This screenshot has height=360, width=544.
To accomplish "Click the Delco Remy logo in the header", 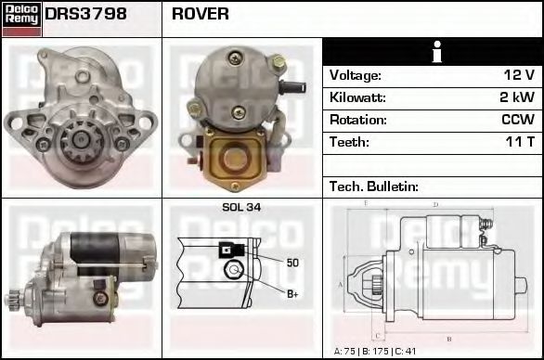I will [x=20, y=17].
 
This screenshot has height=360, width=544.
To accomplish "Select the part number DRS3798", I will [x=85, y=15].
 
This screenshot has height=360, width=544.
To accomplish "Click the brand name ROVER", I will [x=201, y=15].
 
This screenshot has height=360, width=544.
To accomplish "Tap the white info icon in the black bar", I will [x=433, y=52].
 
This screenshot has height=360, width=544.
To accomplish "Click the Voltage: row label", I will [x=356, y=75].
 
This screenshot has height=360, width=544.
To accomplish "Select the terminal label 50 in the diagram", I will [x=292, y=263].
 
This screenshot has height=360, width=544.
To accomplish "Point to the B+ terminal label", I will [x=291, y=294].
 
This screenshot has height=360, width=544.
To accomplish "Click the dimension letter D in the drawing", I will [x=435, y=205].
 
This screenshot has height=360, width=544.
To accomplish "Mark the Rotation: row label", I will [x=356, y=120].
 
